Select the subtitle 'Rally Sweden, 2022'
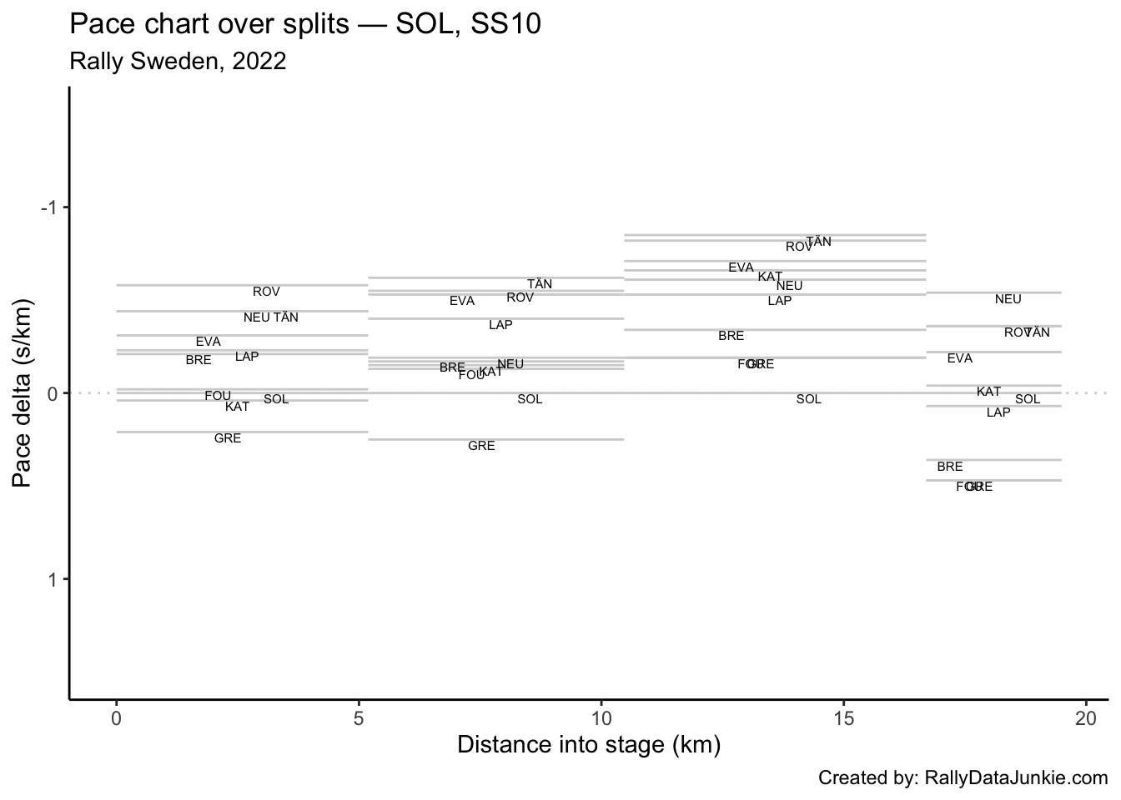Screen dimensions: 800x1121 (178, 61)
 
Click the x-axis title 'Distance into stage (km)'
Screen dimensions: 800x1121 (588, 744)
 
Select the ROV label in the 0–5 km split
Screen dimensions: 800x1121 (266, 292)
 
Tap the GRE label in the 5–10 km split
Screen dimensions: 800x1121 (481, 446)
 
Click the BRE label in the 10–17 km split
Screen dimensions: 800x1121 (731, 336)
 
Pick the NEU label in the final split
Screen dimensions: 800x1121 (1008, 299)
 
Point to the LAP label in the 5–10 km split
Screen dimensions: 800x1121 (500, 325)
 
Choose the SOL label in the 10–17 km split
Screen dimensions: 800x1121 (808, 399)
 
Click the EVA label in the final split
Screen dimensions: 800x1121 (959, 358)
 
